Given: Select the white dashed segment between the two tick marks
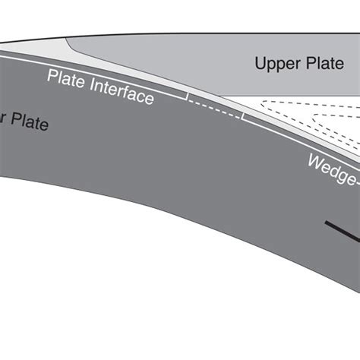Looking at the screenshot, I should (x=215, y=109).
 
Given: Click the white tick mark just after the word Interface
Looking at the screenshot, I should (x=188, y=96).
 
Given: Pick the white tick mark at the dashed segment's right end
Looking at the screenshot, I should (x=242, y=116).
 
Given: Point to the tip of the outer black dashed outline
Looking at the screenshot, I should (x=261, y=101).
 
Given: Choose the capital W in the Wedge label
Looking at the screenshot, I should (x=314, y=160).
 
